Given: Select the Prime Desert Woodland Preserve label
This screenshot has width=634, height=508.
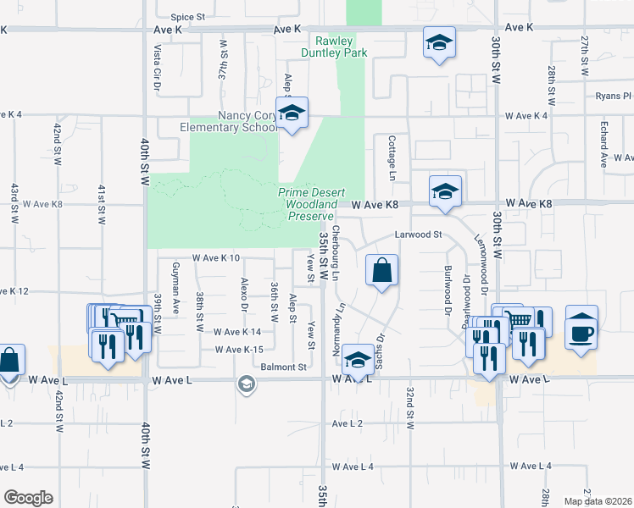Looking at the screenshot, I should click(x=308, y=204).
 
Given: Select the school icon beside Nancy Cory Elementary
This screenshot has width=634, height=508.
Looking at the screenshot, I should click(x=292, y=115).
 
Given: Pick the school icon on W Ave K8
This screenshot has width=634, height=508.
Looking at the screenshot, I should click(x=444, y=193).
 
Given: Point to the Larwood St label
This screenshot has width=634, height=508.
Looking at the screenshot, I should click(x=419, y=235).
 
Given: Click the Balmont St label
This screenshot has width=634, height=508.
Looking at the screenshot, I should click(x=284, y=367).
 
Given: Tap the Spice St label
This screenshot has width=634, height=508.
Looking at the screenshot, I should click(x=187, y=16).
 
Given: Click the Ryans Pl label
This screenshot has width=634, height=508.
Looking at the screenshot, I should click(x=613, y=97).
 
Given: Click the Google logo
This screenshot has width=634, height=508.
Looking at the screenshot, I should click(x=28, y=498).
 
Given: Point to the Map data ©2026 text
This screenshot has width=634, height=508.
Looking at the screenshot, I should click(x=597, y=501).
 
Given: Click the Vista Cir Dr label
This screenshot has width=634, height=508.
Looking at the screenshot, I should click(x=157, y=68).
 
